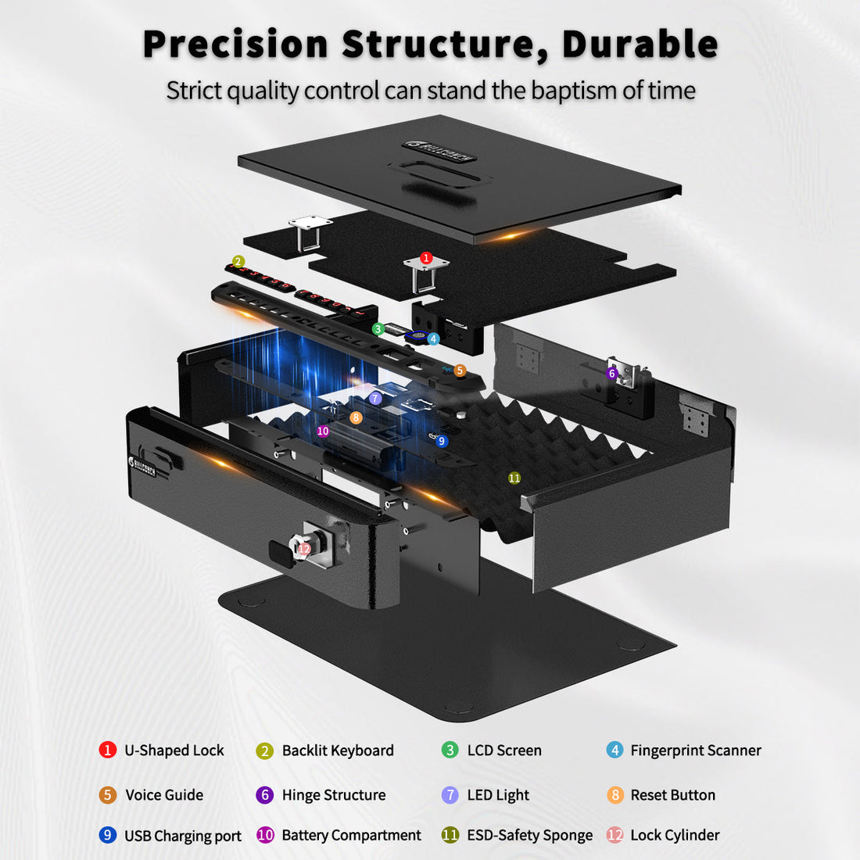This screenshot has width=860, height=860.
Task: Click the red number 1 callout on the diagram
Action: [426, 257]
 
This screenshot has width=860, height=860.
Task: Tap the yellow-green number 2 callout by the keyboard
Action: [238, 261]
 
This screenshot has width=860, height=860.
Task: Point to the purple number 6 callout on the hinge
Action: [612, 374]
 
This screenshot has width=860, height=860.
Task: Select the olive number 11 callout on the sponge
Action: [514, 478]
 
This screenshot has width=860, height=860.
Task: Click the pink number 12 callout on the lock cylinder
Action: [304, 549]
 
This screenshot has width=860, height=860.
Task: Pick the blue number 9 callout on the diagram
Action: [442, 441]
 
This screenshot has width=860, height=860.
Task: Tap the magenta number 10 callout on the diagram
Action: [323, 431]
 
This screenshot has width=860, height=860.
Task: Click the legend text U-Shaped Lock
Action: [174, 751]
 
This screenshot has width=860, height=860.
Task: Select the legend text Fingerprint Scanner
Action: [695, 751]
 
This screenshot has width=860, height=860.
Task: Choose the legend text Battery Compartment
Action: [351, 835]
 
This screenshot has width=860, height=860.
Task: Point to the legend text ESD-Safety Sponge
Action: [529, 835]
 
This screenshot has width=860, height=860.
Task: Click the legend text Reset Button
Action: [672, 795]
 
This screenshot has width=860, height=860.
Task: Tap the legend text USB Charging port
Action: [183, 836]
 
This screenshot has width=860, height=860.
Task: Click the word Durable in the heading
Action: [640, 45]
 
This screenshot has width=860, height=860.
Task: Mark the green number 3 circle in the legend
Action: [450, 751]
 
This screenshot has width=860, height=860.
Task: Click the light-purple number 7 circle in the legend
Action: [450, 795]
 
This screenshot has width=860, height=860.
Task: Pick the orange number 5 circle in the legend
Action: [108, 795]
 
